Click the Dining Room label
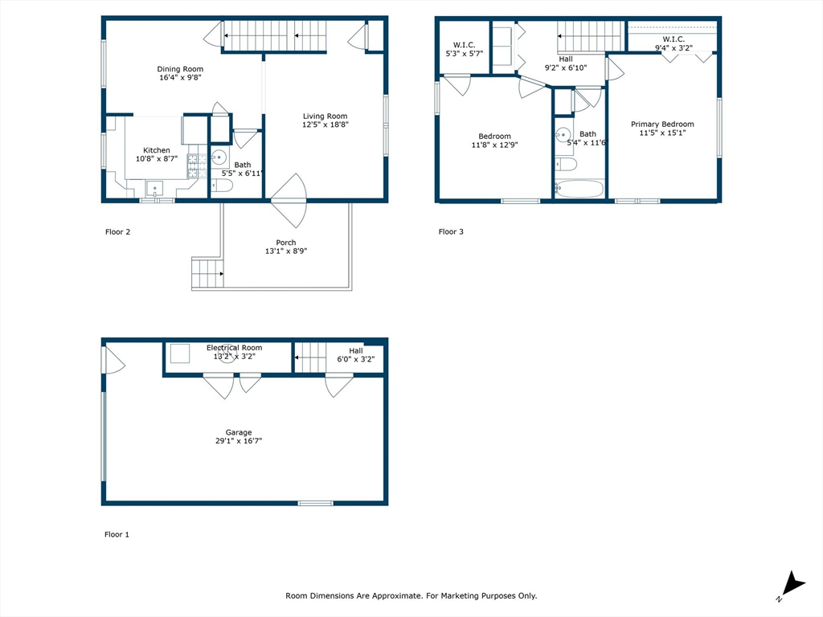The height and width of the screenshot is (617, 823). [x=180, y=69]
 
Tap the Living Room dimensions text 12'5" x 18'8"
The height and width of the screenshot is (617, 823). [x=325, y=125]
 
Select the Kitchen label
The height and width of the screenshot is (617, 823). [x=157, y=150]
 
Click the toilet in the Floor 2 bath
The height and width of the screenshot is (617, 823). [x=223, y=186]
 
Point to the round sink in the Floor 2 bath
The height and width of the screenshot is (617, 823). [x=219, y=157]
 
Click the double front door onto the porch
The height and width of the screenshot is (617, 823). [x=289, y=200]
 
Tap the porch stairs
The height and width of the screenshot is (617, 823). [x=207, y=273]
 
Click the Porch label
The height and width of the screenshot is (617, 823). [x=285, y=243]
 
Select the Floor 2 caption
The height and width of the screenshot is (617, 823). [x=117, y=232]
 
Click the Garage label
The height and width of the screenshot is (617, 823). [x=238, y=431]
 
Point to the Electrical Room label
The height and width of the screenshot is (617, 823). [x=234, y=348]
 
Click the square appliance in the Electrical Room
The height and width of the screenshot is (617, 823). [x=178, y=353]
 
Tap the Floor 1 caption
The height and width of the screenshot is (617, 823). [x=117, y=534]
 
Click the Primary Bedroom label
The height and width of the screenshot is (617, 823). [x=661, y=124]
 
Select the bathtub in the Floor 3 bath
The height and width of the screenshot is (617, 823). [x=579, y=189]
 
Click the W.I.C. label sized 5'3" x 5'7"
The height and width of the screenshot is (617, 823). [x=464, y=44]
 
